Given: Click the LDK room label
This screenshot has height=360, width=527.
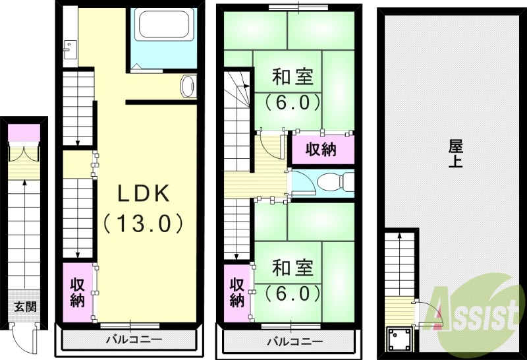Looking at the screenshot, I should [144, 193].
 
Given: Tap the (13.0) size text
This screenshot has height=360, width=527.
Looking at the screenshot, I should [143, 223].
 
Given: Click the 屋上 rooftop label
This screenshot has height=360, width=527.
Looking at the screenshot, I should [455, 154].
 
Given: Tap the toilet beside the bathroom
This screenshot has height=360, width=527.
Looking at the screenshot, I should [188, 86].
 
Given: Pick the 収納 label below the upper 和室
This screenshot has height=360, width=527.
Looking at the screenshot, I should [321, 150].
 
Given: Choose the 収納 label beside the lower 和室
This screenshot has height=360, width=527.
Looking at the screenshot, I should [238, 292].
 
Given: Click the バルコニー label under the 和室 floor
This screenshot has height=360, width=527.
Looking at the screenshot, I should [294, 342].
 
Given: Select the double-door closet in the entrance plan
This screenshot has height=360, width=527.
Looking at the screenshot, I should [26, 152].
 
